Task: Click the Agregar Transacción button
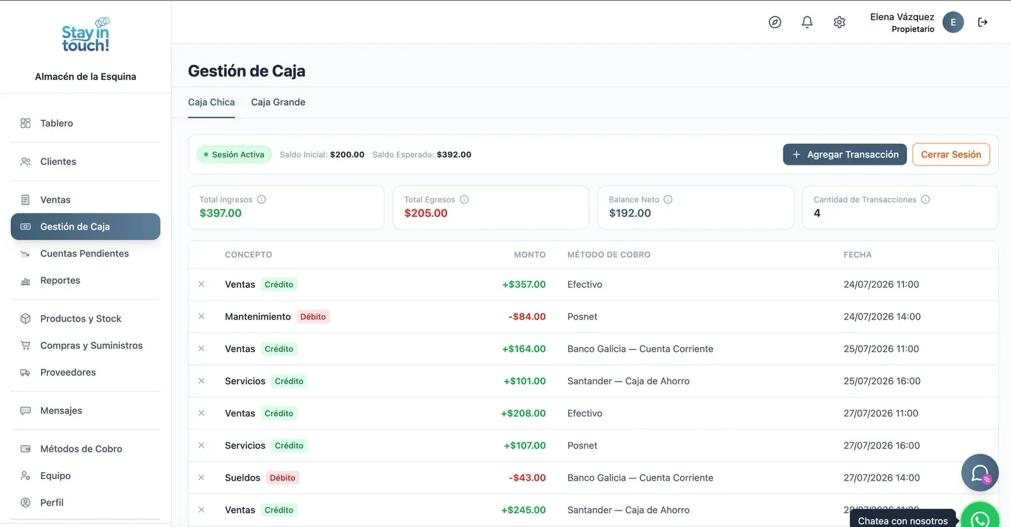coord(844,154)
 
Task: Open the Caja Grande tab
coord(278,102)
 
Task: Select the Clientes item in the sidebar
coord(58,162)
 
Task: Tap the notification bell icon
coord(807,22)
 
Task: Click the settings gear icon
coord(839,22)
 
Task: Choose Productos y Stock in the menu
coord(80,318)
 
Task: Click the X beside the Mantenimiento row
coord(202,317)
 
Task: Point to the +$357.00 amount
coord(524,284)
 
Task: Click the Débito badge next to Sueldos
coord(282,477)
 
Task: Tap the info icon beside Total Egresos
coord(464,200)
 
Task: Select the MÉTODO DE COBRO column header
coord(609,255)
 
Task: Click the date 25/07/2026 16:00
coord(882,381)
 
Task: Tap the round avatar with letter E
coord(953,22)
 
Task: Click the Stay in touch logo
coord(86,35)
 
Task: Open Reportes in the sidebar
coord(60,280)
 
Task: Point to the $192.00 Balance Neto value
coord(629,213)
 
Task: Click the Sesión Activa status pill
coord(234,154)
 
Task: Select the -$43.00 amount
coord(527,477)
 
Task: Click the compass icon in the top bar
coord(775,22)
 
